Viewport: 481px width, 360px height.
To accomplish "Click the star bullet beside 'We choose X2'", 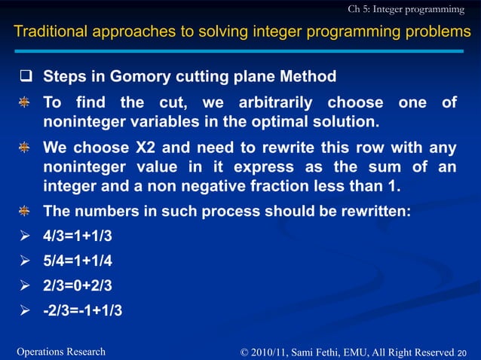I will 26,148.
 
